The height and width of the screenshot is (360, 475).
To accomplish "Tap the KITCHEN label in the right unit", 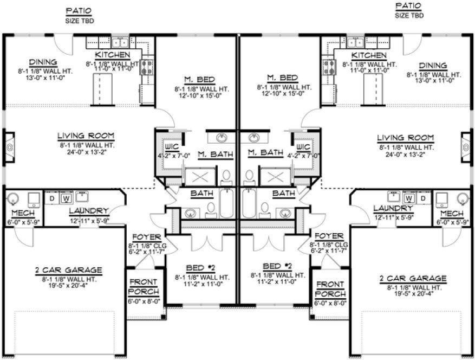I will pyautogui.click(x=369, y=55).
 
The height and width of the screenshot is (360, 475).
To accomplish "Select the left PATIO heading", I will pyautogui.click(x=79, y=10).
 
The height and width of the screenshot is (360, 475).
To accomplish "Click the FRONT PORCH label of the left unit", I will pyautogui.click(x=144, y=288).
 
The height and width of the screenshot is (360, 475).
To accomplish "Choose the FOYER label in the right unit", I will pyautogui.click(x=329, y=236).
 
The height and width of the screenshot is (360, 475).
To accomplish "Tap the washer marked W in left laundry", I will pyautogui.click(x=68, y=198).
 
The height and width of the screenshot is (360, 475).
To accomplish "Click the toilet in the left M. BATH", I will pyautogui.click(x=226, y=176).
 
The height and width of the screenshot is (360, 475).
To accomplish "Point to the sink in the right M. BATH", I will pyautogui.click(x=252, y=137).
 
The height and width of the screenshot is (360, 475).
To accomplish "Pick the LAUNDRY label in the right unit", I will pyautogui.click(x=390, y=208).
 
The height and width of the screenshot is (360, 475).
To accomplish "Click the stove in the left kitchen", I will pyautogui.click(x=147, y=66).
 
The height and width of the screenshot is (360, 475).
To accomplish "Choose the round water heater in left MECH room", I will pyautogui.click(x=15, y=198).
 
